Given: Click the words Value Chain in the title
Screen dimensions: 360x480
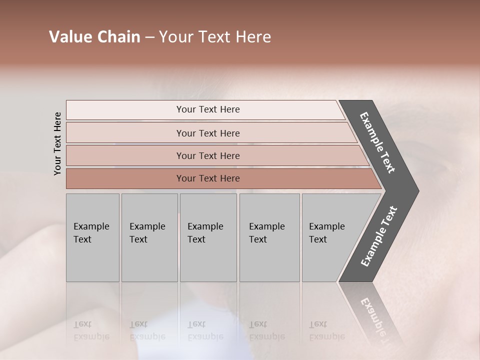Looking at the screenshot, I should point(94,37).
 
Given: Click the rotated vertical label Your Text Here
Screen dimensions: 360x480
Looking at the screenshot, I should point(57,143).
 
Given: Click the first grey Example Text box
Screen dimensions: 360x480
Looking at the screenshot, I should point(92,237).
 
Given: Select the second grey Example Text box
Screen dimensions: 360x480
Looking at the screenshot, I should point(149,237).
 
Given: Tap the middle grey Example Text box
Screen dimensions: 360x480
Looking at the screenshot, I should point(208,237).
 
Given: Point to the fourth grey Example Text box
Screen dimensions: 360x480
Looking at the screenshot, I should point(269,237).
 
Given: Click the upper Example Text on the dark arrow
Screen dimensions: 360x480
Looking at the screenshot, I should point(377,142).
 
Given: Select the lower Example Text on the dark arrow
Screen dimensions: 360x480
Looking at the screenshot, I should point(379,236).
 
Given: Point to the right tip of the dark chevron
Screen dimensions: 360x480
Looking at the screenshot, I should point(417,190).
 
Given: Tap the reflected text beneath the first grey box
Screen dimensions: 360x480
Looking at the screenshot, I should point(91,330).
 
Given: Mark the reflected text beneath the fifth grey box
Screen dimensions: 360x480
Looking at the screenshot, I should point(326,330).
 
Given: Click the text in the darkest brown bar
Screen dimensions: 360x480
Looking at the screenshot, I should point(208,178).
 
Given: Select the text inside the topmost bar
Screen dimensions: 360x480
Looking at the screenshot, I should point(208,109).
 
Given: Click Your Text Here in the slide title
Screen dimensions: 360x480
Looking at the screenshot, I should point(215,37).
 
